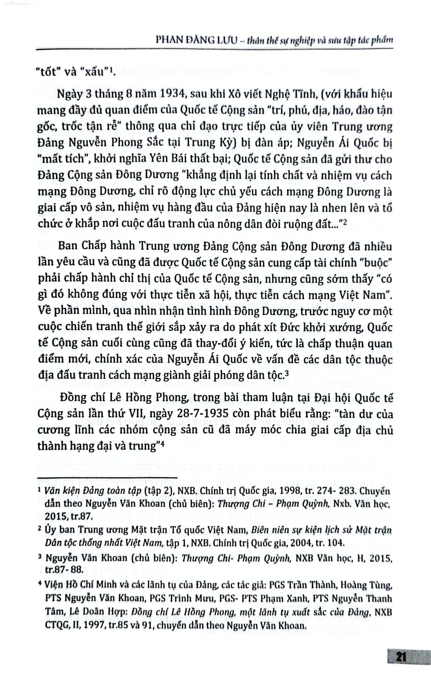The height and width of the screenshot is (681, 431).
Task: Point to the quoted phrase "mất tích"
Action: (x=61, y=159)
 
